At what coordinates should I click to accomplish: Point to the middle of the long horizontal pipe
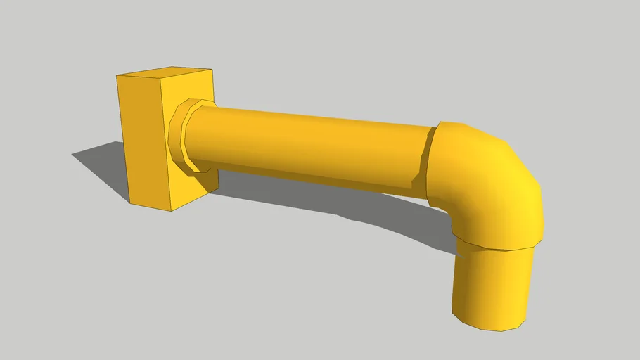[x=309, y=144]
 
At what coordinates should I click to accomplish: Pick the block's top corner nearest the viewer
[x=161, y=82]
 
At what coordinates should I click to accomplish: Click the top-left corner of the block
[x=117, y=74]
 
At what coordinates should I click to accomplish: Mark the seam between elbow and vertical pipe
[x=497, y=246]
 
